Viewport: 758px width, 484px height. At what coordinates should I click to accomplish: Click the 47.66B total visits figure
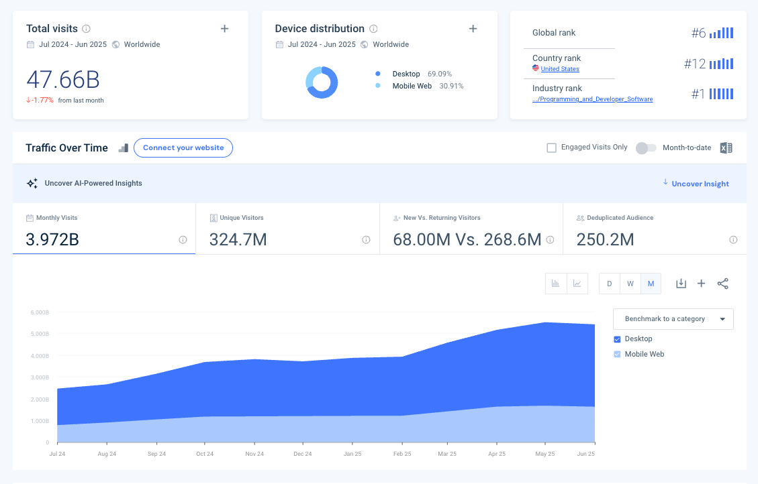tap(63, 80)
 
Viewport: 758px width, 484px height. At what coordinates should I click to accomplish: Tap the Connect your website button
tap(183, 147)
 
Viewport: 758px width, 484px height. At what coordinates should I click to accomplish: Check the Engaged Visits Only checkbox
tap(552, 147)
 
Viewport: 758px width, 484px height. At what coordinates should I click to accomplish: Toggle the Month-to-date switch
tap(646, 147)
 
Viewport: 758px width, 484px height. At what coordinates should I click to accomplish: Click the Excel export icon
tap(726, 148)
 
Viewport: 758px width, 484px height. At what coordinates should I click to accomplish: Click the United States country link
tap(560, 69)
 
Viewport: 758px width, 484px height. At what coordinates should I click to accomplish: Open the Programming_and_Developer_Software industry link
tap(592, 99)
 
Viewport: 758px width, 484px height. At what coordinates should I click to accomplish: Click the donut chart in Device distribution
tap(322, 82)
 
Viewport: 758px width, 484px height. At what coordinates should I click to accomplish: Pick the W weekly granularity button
tap(630, 284)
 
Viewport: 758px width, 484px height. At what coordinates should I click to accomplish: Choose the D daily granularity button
tap(610, 284)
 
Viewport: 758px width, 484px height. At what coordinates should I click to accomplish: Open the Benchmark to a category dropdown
tap(673, 319)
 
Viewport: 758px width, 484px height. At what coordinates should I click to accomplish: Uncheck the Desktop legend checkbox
tap(618, 339)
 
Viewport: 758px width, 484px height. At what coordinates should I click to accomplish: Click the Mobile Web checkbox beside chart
tap(618, 354)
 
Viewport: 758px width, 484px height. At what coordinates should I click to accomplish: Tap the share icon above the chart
tap(722, 284)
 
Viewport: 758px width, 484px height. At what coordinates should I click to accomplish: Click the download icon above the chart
tap(681, 284)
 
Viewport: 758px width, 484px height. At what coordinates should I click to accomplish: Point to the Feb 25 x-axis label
tap(401, 454)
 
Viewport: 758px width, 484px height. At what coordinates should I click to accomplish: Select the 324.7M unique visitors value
tap(238, 239)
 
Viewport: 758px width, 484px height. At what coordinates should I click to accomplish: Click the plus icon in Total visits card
tap(224, 28)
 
